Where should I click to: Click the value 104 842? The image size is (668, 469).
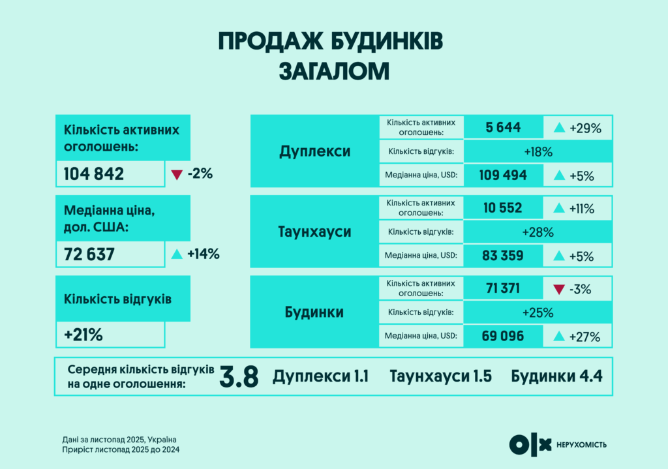(x=94, y=174)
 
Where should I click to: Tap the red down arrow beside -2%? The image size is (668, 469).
(x=175, y=174)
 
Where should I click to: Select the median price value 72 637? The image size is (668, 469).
(x=89, y=254)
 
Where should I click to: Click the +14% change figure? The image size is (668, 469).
(x=203, y=254)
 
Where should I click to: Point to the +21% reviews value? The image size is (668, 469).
(x=83, y=335)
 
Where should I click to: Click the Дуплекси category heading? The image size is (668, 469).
(x=314, y=151)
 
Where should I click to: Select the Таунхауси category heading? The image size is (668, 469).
(x=314, y=232)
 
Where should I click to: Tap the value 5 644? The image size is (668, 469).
(x=503, y=128)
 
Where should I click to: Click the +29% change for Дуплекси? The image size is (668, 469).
(x=584, y=129)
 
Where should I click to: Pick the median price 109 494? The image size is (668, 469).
(x=503, y=175)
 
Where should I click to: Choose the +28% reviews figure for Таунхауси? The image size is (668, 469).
(x=538, y=232)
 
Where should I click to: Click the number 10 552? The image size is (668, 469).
(x=503, y=208)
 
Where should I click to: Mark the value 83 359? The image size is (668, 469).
(x=503, y=256)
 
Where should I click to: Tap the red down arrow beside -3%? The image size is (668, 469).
(x=558, y=289)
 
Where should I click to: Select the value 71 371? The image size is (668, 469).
(x=503, y=288)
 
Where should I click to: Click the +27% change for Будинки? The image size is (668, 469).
(x=584, y=337)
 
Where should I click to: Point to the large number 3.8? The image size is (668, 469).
(x=239, y=377)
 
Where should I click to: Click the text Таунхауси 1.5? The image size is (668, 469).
(x=440, y=376)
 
